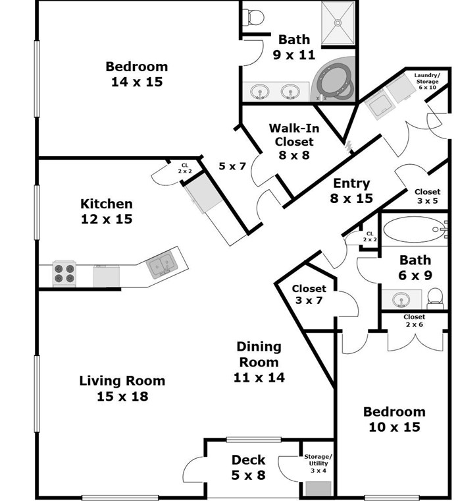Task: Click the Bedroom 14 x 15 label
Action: click(x=136, y=74)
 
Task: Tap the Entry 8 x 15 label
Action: click(x=351, y=191)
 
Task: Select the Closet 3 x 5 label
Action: click(x=427, y=196)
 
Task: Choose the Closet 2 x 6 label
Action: click(x=414, y=321)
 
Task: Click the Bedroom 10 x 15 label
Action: click(x=394, y=419)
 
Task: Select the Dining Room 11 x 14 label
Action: click(x=259, y=361)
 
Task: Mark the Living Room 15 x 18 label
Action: click(x=122, y=388)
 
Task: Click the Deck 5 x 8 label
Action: click(x=248, y=467)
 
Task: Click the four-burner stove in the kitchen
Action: click(x=65, y=273)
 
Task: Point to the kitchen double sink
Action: click(x=163, y=264)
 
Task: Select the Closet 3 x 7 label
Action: click(x=309, y=295)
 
